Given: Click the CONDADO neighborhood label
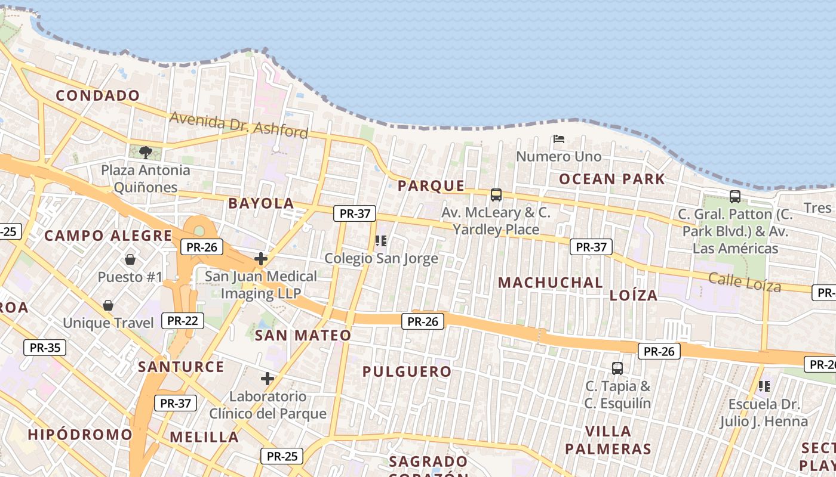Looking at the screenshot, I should [98, 95].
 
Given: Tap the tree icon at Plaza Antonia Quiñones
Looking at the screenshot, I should [145, 153].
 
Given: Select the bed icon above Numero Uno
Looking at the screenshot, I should [559, 139].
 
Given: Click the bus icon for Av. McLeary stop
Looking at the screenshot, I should [496, 194].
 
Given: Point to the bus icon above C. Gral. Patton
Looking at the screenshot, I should [734, 196].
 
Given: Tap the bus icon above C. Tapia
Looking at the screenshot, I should [617, 368].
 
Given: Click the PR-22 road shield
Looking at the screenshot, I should [183, 321].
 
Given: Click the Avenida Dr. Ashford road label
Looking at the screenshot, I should [239, 125].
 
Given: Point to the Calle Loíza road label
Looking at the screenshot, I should [745, 281].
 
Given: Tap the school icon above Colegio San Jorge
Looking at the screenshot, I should [381, 241].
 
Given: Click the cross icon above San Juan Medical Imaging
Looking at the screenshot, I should [260, 259].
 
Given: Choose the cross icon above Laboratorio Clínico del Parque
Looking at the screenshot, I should [268, 379].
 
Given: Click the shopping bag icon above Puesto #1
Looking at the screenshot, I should [130, 259].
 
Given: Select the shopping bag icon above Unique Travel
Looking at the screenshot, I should [108, 305].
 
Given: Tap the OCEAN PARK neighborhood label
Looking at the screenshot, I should [611, 179].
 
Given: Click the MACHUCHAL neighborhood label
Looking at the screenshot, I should [550, 283].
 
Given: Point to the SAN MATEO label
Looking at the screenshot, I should [303, 336].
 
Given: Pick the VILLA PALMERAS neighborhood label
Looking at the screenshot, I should [608, 440].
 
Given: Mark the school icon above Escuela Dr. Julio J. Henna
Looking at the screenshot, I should [764, 386].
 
